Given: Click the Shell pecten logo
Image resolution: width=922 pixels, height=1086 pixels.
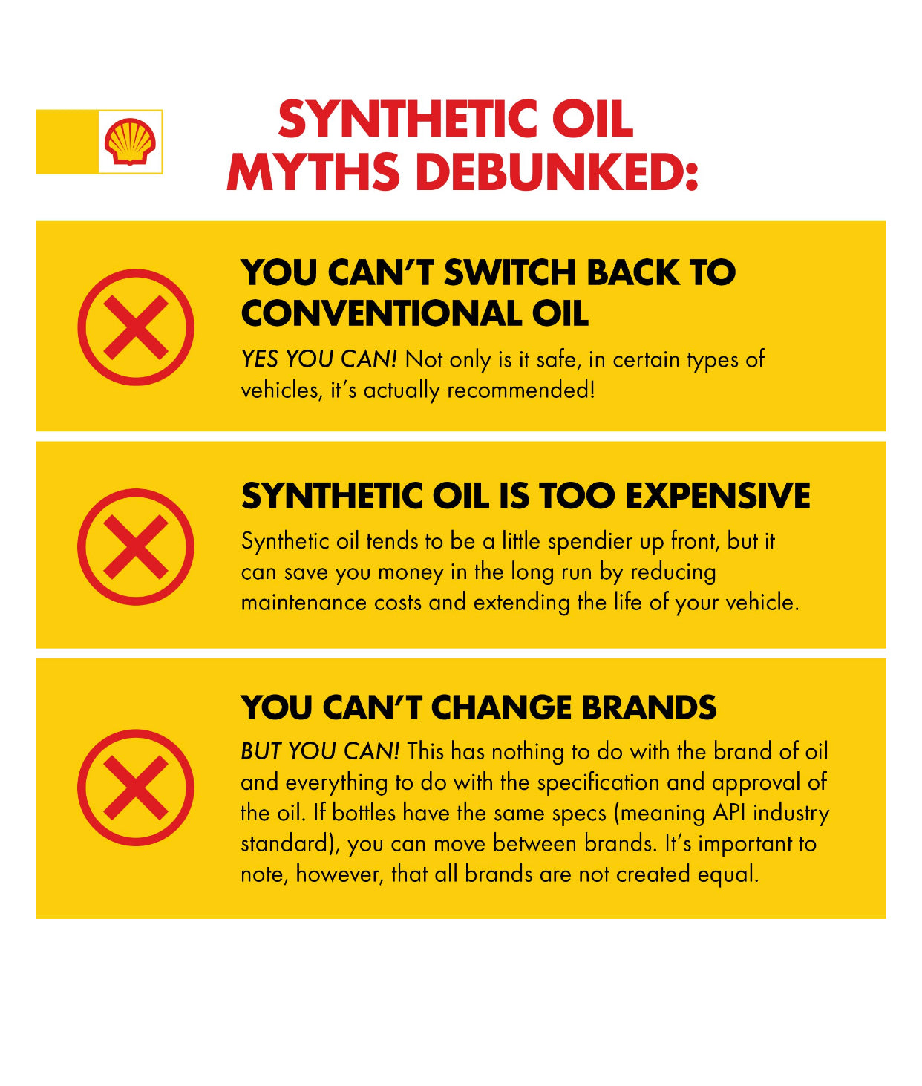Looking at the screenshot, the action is (x=131, y=142).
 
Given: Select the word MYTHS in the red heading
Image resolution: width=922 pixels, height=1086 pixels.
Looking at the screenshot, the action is (x=313, y=171).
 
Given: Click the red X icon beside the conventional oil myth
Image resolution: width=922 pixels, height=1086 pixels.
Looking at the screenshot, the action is (x=136, y=327).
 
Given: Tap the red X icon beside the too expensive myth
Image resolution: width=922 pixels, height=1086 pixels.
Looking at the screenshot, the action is (x=136, y=547).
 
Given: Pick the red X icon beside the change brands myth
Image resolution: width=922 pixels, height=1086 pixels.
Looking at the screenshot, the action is (x=136, y=788).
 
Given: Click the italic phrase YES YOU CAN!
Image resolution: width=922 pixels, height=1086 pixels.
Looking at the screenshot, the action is (x=319, y=359).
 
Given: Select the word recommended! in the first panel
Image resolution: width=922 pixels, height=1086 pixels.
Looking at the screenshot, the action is (x=521, y=390).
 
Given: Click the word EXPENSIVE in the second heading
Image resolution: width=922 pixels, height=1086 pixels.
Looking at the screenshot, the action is (x=718, y=495).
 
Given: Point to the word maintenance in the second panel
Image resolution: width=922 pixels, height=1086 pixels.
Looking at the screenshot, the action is (x=304, y=603).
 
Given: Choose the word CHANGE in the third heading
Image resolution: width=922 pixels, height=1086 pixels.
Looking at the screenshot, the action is (x=501, y=707).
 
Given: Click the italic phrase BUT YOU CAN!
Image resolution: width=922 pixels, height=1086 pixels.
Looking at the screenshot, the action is (x=320, y=751).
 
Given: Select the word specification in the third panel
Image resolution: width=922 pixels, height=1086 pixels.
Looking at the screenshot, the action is (x=598, y=783).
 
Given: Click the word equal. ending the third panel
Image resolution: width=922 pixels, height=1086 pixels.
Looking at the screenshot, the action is (x=728, y=874).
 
